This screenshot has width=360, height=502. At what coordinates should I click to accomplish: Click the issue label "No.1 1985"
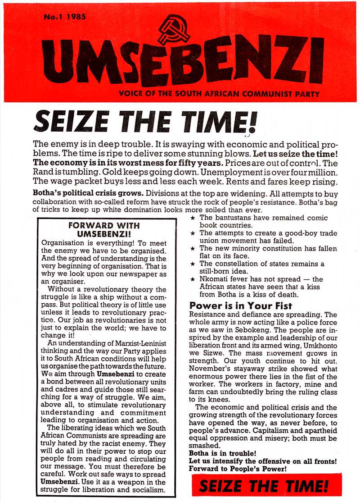tap(65, 18)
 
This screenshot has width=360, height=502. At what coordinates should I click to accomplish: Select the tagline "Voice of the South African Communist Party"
tap(219, 95)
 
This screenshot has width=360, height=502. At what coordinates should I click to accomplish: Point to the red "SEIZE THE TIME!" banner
tap(263, 486)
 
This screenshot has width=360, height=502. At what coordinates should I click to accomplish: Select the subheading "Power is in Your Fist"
tap(241, 306)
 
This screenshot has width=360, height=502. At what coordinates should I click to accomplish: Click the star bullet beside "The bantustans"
tap(193, 218)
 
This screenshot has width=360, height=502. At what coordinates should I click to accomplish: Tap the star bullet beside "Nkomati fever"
tap(193, 279)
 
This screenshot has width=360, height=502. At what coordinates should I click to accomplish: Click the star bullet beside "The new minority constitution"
tap(193, 248)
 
